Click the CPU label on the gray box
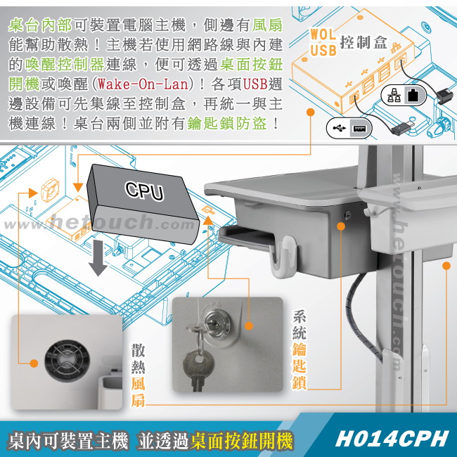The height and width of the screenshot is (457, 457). tap(145, 191)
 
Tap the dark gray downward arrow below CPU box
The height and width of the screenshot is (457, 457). tap(98, 258)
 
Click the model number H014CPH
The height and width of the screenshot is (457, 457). tap(392, 439)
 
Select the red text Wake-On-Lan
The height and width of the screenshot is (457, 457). tap(143, 84)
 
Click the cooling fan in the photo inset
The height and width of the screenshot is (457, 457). tap(67, 361)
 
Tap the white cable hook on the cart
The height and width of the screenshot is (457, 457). tap(283, 256)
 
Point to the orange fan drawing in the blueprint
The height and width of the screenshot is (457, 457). tap(50, 189)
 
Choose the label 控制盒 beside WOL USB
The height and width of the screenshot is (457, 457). tap(363, 43)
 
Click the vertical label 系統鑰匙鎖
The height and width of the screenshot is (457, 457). tap(300, 349)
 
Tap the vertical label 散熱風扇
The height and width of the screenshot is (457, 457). tap(138, 375)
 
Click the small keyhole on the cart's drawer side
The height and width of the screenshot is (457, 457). tap(347, 216)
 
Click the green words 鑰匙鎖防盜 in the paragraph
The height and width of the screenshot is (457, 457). tap(226, 123)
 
